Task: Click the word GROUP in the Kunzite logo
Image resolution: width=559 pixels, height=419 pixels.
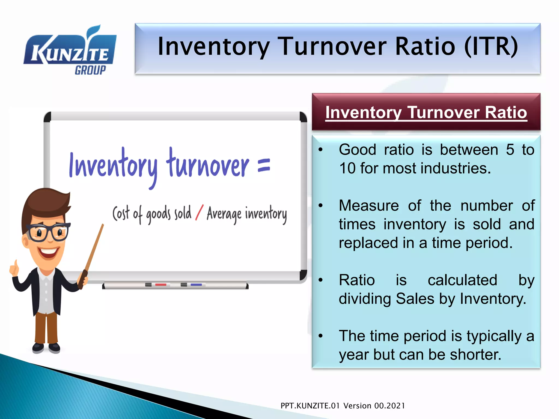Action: click(x=90, y=70)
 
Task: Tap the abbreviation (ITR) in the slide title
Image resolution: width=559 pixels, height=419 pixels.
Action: click(x=491, y=47)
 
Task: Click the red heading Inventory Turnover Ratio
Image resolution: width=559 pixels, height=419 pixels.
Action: click(x=426, y=113)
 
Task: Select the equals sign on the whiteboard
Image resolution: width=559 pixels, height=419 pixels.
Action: click(x=264, y=166)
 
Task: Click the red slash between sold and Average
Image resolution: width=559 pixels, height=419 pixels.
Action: click(x=199, y=213)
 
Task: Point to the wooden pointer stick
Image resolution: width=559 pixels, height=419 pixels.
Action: click(x=94, y=251)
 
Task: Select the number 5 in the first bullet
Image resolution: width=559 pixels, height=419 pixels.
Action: click(x=510, y=150)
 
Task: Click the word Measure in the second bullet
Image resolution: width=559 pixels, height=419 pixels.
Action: click(x=368, y=206)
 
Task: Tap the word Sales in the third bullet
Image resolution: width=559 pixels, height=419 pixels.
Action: click(x=415, y=299)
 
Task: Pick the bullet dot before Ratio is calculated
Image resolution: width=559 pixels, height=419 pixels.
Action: click(x=321, y=280)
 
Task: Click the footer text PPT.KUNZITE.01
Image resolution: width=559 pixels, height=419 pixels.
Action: click(x=310, y=406)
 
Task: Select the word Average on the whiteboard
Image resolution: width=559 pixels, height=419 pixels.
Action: click(x=224, y=214)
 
